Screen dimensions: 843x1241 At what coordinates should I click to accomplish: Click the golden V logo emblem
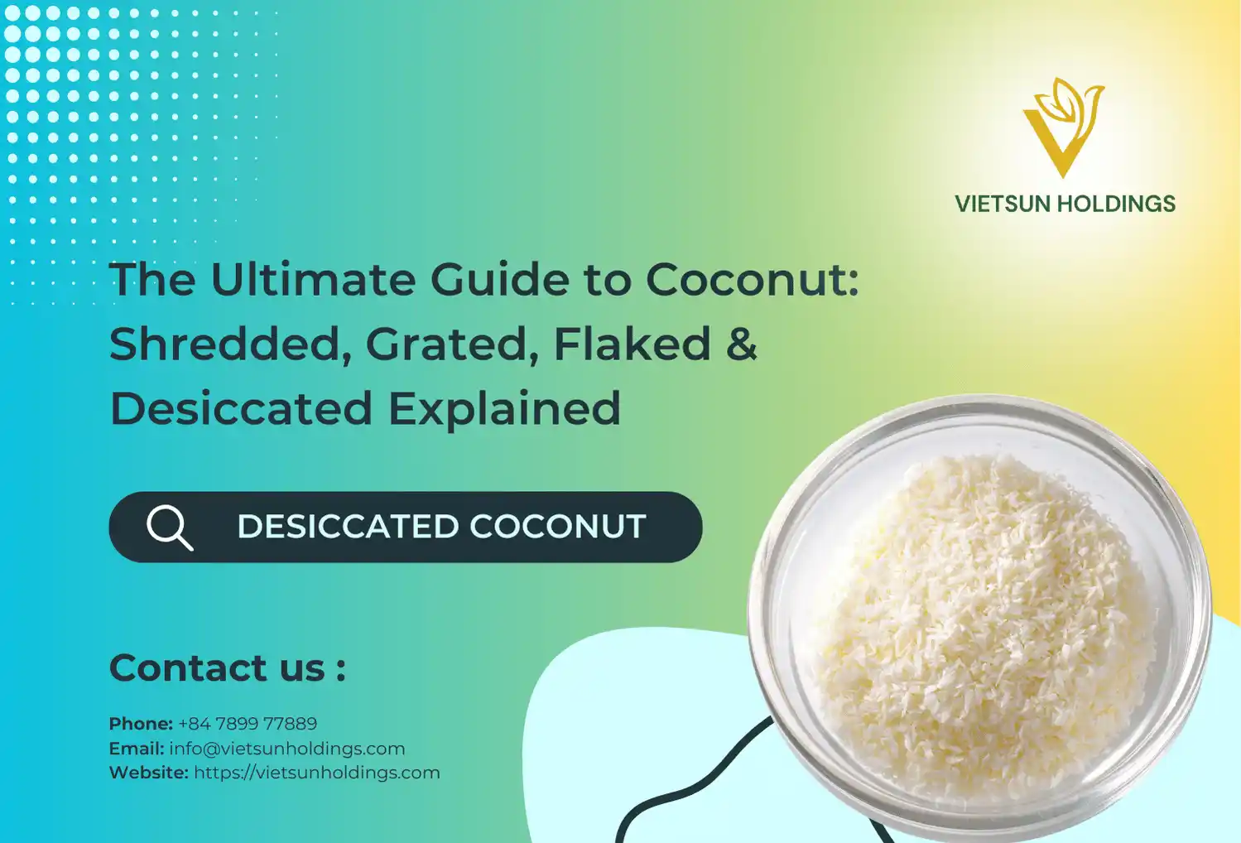[1063, 127]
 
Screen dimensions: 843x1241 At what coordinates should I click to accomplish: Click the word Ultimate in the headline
[314, 279]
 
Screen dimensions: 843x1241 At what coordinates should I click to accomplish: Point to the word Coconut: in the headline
[752, 279]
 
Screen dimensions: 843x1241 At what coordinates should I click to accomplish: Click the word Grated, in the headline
[452, 344]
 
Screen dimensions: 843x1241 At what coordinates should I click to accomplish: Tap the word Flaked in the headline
[632, 344]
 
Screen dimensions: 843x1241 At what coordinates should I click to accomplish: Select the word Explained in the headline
[504, 408]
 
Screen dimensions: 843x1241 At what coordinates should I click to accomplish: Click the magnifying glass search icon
[169, 527]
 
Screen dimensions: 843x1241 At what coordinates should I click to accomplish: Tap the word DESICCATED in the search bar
[348, 527]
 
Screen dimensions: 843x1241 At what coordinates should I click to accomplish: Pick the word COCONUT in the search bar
[558, 527]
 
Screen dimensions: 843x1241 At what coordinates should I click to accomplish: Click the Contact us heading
[227, 667]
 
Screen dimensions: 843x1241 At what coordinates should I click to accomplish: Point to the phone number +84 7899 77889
[248, 724]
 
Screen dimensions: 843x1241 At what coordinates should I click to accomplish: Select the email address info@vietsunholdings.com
[287, 749]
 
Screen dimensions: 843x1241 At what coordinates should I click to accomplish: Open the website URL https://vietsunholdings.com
[317, 773]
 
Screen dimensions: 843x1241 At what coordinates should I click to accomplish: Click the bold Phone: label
[141, 724]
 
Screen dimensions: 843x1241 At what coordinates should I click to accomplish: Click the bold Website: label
[149, 773]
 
